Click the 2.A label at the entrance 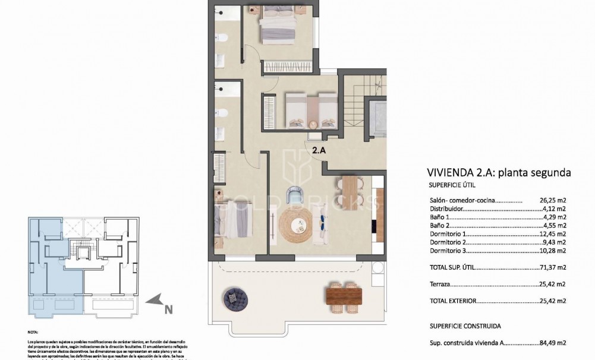tap(319, 150)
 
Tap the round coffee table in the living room tap(295, 225)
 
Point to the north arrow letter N tap(168, 309)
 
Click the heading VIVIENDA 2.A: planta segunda tap(499, 173)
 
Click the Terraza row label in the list tap(441, 285)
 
